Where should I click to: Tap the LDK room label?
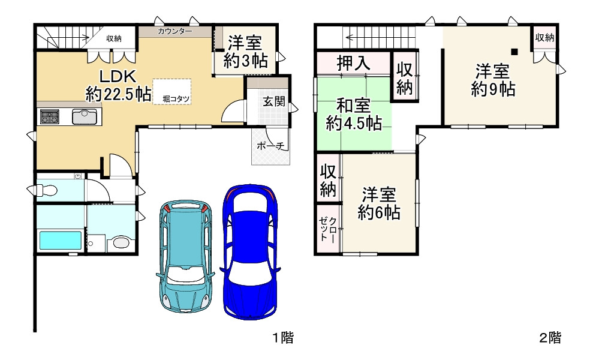tap(118, 85)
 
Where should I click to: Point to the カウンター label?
tap(174, 31)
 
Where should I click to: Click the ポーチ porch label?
tap(270, 146)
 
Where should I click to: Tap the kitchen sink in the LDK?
tap(85, 116)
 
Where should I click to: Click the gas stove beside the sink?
tap(50, 116)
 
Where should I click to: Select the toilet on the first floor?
tap(46, 191)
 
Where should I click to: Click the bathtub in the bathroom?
tap(59, 241)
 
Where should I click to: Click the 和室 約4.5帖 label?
tap(354, 115)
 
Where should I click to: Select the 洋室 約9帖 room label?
tap(492, 80)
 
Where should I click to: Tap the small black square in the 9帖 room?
tap(514, 52)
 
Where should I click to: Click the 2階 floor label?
tap(549, 338)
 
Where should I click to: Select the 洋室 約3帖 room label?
tap(245, 51)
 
